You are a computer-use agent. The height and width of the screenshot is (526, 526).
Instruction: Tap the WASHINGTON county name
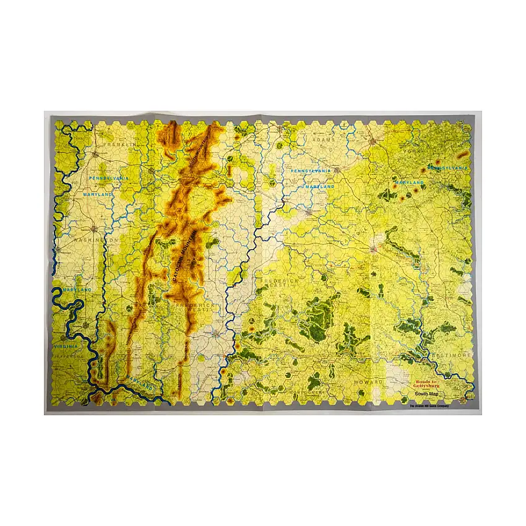[96, 239]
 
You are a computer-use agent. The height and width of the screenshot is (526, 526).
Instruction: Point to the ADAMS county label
[324, 140]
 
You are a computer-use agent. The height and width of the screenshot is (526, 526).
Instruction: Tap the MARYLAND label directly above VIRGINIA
[75, 290]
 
